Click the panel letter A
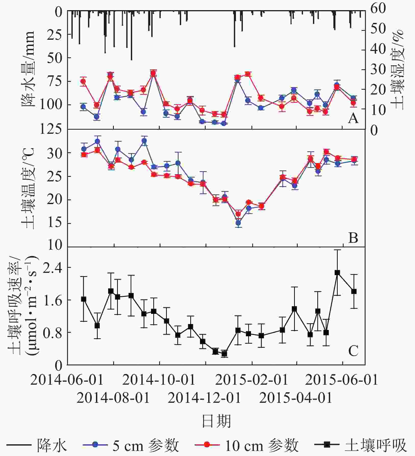point(353,118)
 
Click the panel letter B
point(353,238)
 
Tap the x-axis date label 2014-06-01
point(67,380)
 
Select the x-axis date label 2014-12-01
point(204,398)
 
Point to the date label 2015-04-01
point(296,398)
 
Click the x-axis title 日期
point(216,421)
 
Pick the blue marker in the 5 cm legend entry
point(95,445)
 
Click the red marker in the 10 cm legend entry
point(207,445)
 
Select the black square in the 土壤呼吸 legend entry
point(327,445)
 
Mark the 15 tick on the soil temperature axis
point(55,223)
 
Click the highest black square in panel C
point(337,273)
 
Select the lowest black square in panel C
point(224,354)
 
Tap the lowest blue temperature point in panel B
point(238,223)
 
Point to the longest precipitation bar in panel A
point(131,36)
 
